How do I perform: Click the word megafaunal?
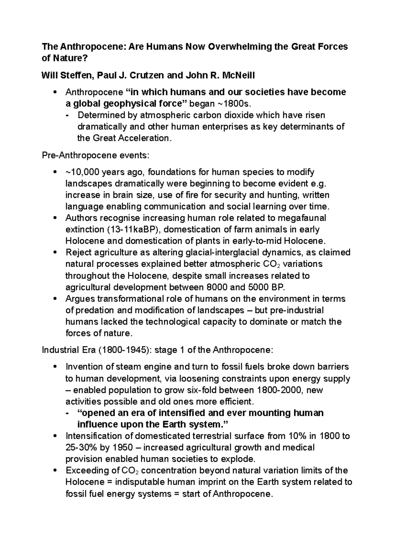302,218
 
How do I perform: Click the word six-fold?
201,390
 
